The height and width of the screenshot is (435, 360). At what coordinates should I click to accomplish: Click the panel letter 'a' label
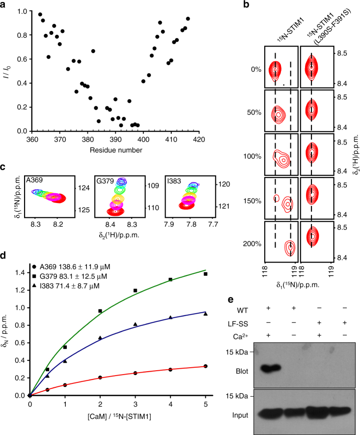[x=4, y=6]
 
